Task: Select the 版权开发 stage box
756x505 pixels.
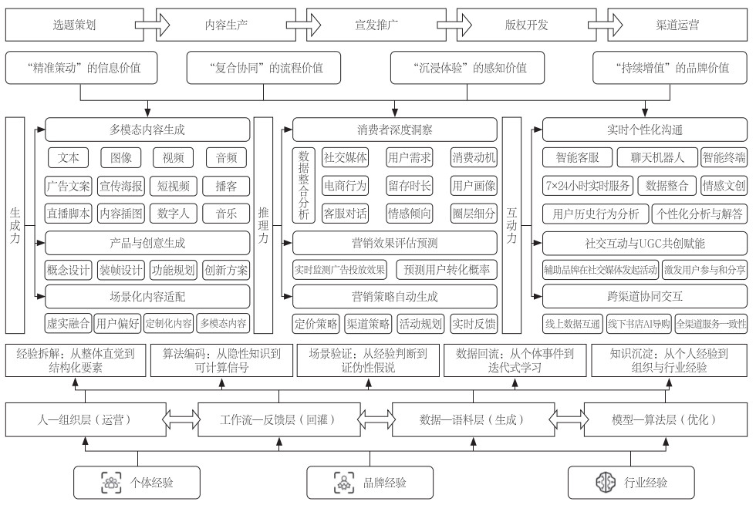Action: click(528, 25)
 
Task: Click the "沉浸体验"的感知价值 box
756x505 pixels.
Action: click(470, 68)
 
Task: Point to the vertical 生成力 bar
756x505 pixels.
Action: click(15, 224)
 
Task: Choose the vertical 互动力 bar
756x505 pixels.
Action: click(512, 224)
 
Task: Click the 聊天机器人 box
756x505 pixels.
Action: click(656, 158)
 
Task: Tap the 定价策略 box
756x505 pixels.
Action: click(316, 324)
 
